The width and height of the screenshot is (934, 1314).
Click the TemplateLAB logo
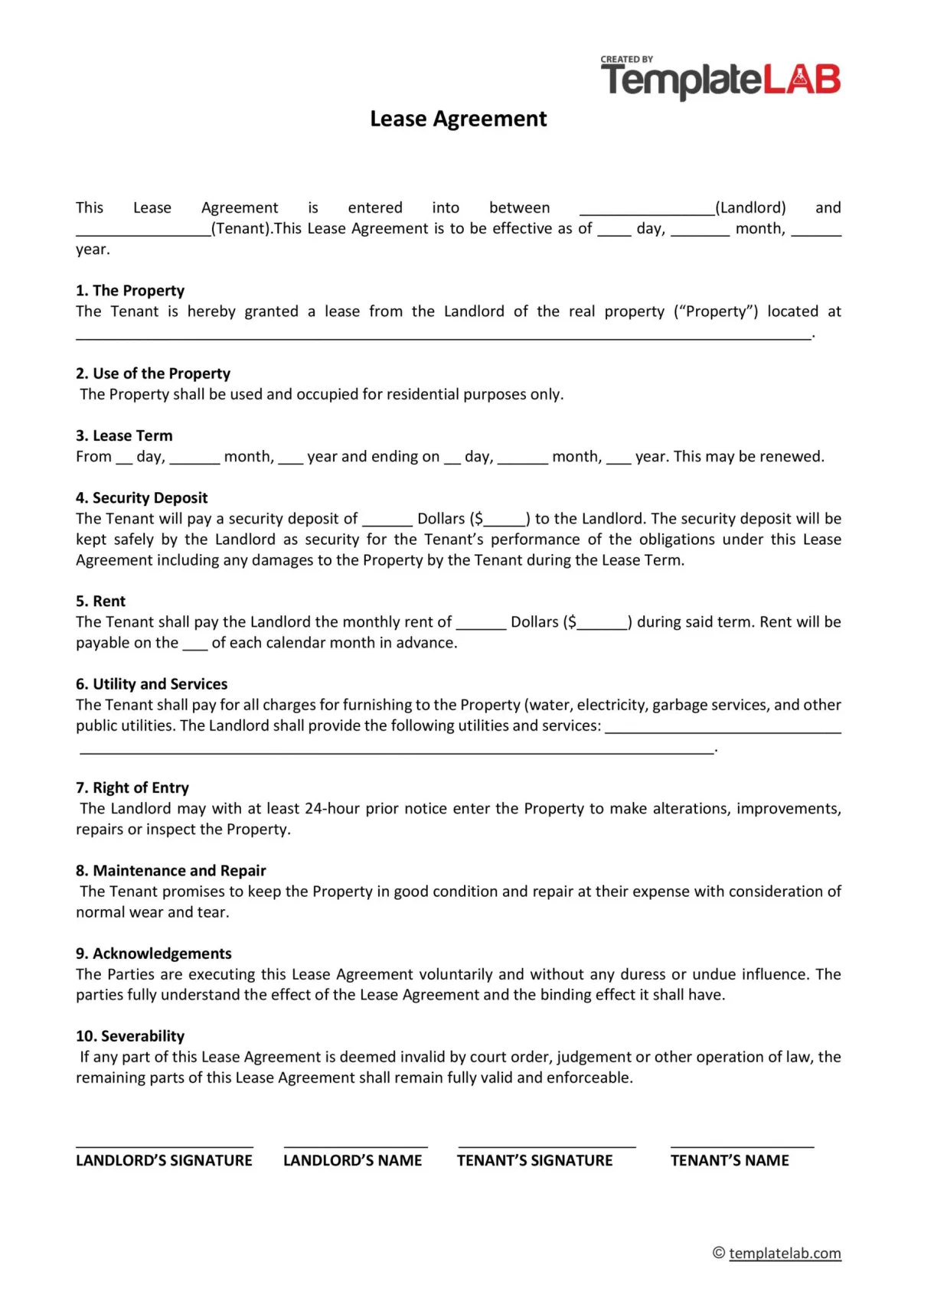(720, 79)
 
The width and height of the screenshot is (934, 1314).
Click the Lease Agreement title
(458, 119)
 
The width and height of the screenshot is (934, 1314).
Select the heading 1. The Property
(130, 291)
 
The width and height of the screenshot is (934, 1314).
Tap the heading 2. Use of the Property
(153, 373)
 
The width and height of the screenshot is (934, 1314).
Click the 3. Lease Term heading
(124, 435)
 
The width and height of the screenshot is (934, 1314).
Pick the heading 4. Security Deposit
(142, 497)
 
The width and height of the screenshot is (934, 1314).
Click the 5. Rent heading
(100, 601)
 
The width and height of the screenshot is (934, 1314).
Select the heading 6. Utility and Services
(152, 684)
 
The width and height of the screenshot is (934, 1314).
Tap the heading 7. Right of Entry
(132, 787)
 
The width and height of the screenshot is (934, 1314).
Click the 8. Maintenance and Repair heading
(171, 870)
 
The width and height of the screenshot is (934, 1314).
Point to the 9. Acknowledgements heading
(154, 954)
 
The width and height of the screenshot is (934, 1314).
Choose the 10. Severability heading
(130, 1036)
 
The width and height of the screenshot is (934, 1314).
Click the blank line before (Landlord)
(647, 214)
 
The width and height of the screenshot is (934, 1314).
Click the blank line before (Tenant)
(143, 234)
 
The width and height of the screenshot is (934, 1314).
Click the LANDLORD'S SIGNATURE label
(164, 1160)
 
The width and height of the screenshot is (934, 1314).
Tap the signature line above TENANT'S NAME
(742, 1146)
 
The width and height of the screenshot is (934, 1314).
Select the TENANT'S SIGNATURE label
(534, 1160)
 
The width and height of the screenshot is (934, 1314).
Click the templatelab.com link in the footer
(785, 1254)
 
